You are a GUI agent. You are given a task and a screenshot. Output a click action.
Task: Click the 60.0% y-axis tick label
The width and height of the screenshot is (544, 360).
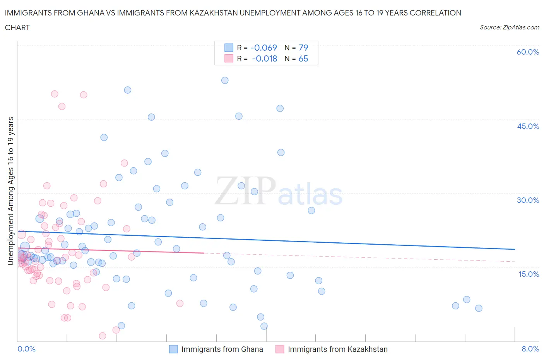click(528, 52)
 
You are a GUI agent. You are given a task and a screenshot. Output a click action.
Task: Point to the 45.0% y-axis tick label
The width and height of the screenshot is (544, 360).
click(528, 126)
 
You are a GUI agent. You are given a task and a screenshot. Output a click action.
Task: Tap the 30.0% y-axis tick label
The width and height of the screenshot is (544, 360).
click(528, 200)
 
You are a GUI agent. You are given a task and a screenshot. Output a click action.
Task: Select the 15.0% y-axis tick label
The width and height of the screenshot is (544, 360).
click(528, 274)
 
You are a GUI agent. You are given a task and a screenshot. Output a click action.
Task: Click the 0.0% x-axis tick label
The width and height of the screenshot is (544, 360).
click(26, 349)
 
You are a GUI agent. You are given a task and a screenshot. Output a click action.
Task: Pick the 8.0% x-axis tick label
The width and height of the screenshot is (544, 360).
click(530, 349)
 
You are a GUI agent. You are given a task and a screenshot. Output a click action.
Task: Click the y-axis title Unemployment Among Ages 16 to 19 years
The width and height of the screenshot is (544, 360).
click(10, 191)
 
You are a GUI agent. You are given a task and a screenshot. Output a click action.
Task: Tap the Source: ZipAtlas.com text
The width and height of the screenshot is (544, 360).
click(509, 27)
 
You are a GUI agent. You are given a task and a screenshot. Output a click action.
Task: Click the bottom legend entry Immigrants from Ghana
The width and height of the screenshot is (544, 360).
click(222, 349)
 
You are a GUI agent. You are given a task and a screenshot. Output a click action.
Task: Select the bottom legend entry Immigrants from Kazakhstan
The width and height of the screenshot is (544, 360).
click(337, 349)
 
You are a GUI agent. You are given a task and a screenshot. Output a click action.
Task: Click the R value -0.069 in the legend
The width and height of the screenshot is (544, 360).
click(264, 48)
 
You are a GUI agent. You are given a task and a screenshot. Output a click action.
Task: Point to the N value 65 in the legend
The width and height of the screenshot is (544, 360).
click(303, 58)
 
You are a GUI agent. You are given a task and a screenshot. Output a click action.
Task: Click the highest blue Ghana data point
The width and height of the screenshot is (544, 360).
click(225, 81)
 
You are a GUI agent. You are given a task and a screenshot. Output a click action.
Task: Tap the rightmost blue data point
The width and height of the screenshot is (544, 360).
click(479, 308)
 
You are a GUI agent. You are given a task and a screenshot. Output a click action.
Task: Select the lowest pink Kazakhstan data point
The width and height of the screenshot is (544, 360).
click(103, 336)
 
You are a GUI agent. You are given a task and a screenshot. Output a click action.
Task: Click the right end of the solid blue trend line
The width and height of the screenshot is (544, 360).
click(515, 249)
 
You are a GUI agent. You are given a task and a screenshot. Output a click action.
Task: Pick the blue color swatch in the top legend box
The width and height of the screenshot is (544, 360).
click(229, 48)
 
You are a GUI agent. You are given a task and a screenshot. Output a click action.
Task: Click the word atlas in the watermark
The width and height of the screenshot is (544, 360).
click(310, 195)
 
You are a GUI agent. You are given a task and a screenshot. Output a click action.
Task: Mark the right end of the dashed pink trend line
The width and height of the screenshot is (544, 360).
click(515, 262)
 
